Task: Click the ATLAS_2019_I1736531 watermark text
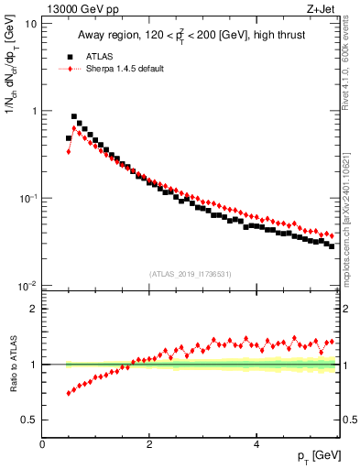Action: (x=191, y=274)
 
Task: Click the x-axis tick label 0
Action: (x=43, y=443)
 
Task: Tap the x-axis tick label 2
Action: (x=149, y=443)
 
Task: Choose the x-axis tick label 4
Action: (x=256, y=443)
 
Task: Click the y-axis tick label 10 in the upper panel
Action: (x=30, y=24)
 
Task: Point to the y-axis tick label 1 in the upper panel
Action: (x=33, y=111)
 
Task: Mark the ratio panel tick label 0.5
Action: (x=29, y=420)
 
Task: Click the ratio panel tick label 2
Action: (x=33, y=309)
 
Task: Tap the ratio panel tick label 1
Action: (x=33, y=365)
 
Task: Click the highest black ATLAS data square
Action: (x=74, y=117)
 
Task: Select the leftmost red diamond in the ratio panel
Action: (x=69, y=393)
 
